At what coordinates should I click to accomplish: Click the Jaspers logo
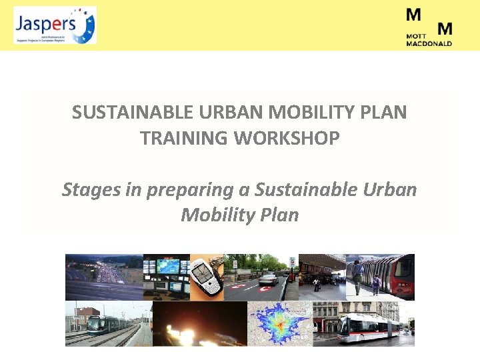pos(55,25)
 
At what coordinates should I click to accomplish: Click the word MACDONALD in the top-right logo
pos(429,44)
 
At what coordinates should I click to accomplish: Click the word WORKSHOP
pos(289,138)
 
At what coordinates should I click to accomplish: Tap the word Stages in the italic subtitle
pos(91,190)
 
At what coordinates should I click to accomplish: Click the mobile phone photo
pos(207,277)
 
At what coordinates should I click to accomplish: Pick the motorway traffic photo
pos(103,277)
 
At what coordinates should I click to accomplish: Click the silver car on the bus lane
pos(268,279)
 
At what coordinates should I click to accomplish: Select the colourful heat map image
pos(280,324)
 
